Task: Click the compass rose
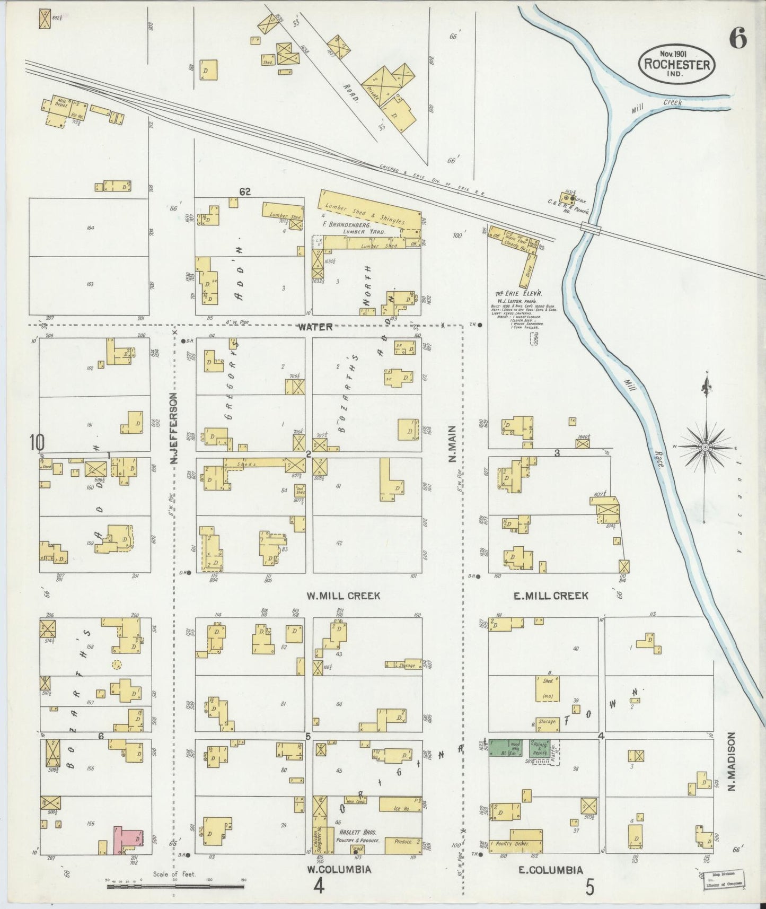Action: pos(705,448)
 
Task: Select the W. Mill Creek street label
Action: pos(343,596)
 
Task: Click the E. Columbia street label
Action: pos(550,869)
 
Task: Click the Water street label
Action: pos(315,327)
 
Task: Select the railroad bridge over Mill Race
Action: pos(591,229)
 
